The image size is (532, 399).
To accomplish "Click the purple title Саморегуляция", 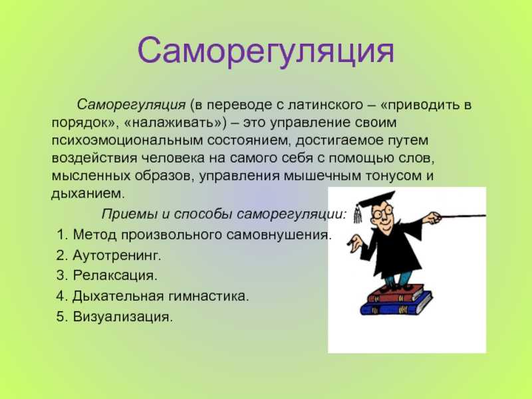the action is click(266, 52).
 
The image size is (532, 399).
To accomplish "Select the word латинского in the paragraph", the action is click(325, 104).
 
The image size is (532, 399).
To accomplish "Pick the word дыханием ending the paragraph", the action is click(88, 194).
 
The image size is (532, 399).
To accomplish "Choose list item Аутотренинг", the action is click(117, 255).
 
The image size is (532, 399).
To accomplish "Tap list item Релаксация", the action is click(115, 275).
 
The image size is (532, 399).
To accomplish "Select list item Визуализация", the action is click(122, 317).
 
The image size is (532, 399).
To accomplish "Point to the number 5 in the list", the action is click(61, 317).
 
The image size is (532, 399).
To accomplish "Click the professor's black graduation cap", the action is click(376, 200).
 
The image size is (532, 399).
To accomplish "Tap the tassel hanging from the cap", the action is click(357, 215).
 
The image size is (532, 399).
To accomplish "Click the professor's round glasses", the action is click(382, 213).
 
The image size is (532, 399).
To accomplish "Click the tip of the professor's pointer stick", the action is click(485, 215).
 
